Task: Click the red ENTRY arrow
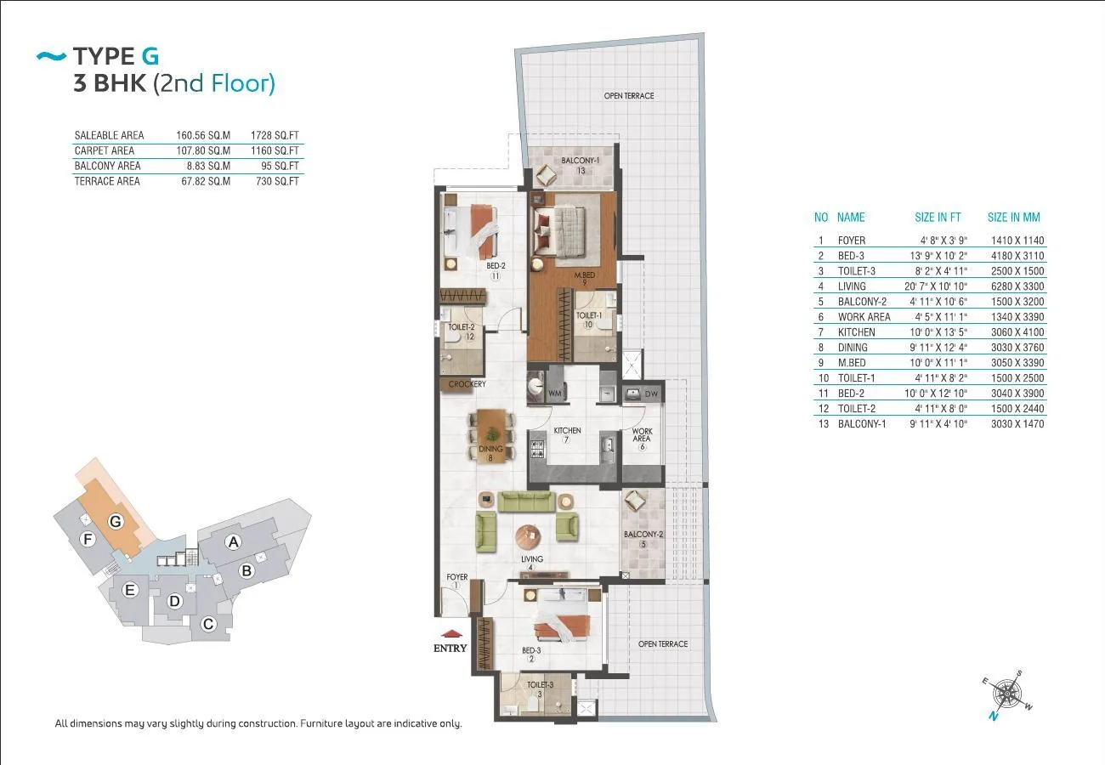pyautogui.click(x=451, y=634)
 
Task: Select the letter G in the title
pyautogui.click(x=150, y=56)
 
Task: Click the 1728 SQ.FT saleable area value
pyautogui.click(x=275, y=135)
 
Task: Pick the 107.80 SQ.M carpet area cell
pyautogui.click(x=203, y=150)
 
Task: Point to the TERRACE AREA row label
pyautogui.click(x=107, y=181)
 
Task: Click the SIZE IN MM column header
pyautogui.click(x=1014, y=218)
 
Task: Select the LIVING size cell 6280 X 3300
pyautogui.click(x=1017, y=286)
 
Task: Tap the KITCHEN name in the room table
pyautogui.click(x=857, y=332)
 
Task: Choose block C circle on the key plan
pyautogui.click(x=208, y=624)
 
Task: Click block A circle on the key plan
pyautogui.click(x=234, y=542)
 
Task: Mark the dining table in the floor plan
pyautogui.click(x=491, y=436)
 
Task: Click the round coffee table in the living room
pyautogui.click(x=528, y=537)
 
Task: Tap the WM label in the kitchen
pyautogui.click(x=555, y=394)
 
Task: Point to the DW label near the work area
pyautogui.click(x=651, y=394)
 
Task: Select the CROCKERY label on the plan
pyautogui.click(x=467, y=383)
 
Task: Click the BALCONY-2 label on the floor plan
pyautogui.click(x=643, y=534)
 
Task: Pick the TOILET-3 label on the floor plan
pyautogui.click(x=540, y=684)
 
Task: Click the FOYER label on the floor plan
pyautogui.click(x=457, y=576)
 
